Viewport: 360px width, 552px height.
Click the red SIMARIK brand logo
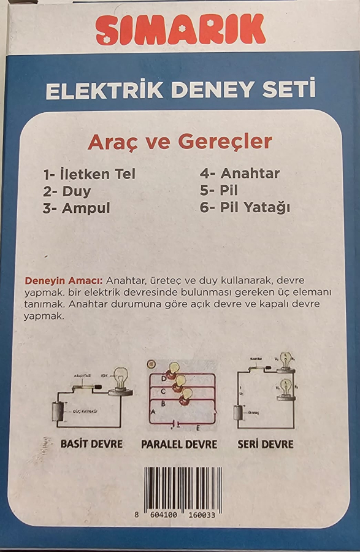click(180, 29)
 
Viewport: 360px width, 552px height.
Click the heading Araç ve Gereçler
click(180, 142)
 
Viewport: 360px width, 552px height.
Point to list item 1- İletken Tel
click(89, 174)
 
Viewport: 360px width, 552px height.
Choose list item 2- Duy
click(67, 191)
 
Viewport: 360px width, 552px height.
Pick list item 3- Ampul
click(77, 208)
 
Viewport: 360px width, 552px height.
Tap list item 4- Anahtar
click(240, 174)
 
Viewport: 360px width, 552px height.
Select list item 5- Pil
click(219, 191)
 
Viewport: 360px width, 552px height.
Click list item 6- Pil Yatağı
click(245, 208)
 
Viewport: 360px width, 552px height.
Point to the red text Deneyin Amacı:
click(59, 280)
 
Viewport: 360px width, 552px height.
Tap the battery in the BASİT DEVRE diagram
click(58, 411)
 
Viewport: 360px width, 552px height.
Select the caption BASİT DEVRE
click(91, 443)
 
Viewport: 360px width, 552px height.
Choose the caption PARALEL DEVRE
click(179, 444)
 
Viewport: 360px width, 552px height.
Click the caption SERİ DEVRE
click(266, 443)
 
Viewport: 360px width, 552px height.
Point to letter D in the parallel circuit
click(163, 378)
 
